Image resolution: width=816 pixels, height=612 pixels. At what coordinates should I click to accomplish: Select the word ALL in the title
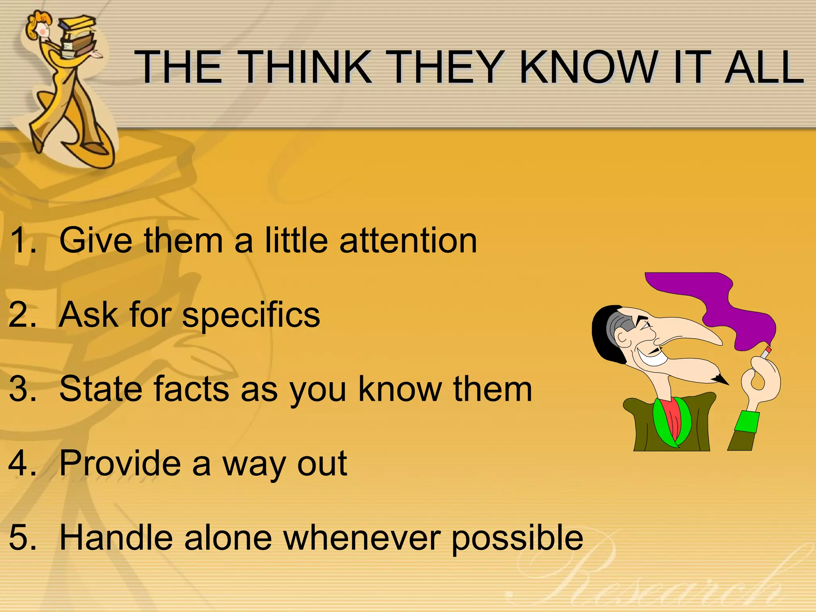coord(764,67)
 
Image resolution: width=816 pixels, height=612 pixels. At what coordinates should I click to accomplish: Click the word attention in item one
coord(408,241)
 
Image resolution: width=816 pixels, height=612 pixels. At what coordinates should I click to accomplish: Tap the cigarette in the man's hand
coord(766,352)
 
